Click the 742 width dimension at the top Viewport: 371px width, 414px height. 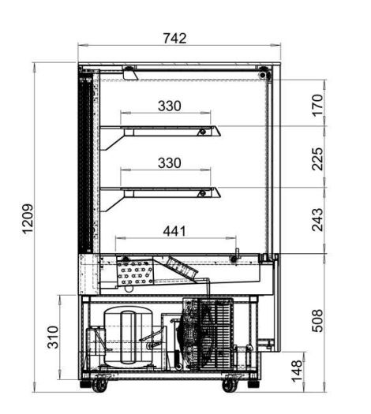pos(174,39)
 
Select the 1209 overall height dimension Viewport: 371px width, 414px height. pos(28,218)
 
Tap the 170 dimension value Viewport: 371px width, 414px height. pos(317,105)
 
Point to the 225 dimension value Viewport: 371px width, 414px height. pos(317,159)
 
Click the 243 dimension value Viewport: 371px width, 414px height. pos(317,220)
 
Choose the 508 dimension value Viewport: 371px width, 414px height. pos(317,320)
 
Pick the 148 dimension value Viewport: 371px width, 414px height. pos(297,371)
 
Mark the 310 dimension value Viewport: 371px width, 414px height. pos(52,338)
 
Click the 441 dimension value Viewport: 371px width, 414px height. pos(174,231)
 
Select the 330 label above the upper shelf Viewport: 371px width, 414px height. pos(170,106)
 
